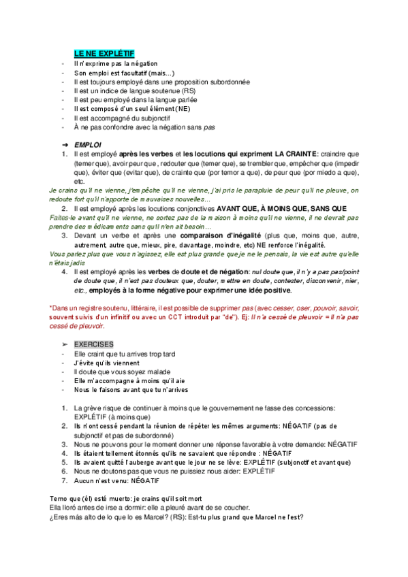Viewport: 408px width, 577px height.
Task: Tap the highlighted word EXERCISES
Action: pyautogui.click(x=94, y=344)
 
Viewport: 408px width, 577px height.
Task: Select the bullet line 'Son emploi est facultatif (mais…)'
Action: pyautogui.click(x=125, y=72)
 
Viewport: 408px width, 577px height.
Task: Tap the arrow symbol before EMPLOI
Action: pyautogui.click(x=65, y=144)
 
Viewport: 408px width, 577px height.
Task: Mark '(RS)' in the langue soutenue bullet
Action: pyautogui.click(x=189, y=90)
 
